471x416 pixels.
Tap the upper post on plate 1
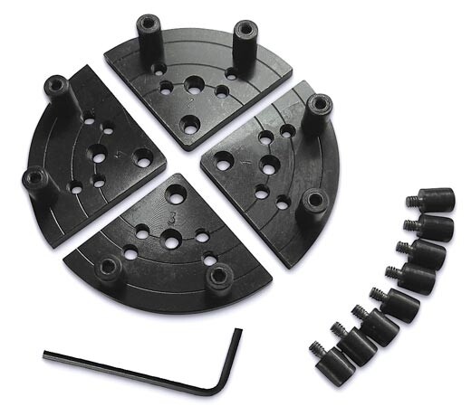point(317,112)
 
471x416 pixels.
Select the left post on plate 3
point(110,269)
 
